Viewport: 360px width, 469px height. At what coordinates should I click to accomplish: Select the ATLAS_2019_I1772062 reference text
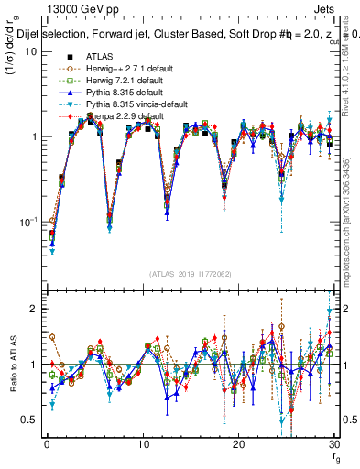pos(190,274)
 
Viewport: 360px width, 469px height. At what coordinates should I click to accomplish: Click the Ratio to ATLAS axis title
pos(12,366)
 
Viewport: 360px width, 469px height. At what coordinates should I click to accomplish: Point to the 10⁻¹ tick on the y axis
pos(28,222)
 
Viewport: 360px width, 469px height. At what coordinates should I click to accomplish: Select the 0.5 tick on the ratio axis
pos(29,420)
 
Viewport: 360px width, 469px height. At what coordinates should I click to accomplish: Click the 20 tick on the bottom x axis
pos(237,445)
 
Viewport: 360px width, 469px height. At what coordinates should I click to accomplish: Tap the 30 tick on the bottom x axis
pos(333,445)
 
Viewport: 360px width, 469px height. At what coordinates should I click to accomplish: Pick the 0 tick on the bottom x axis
pos(46,445)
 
